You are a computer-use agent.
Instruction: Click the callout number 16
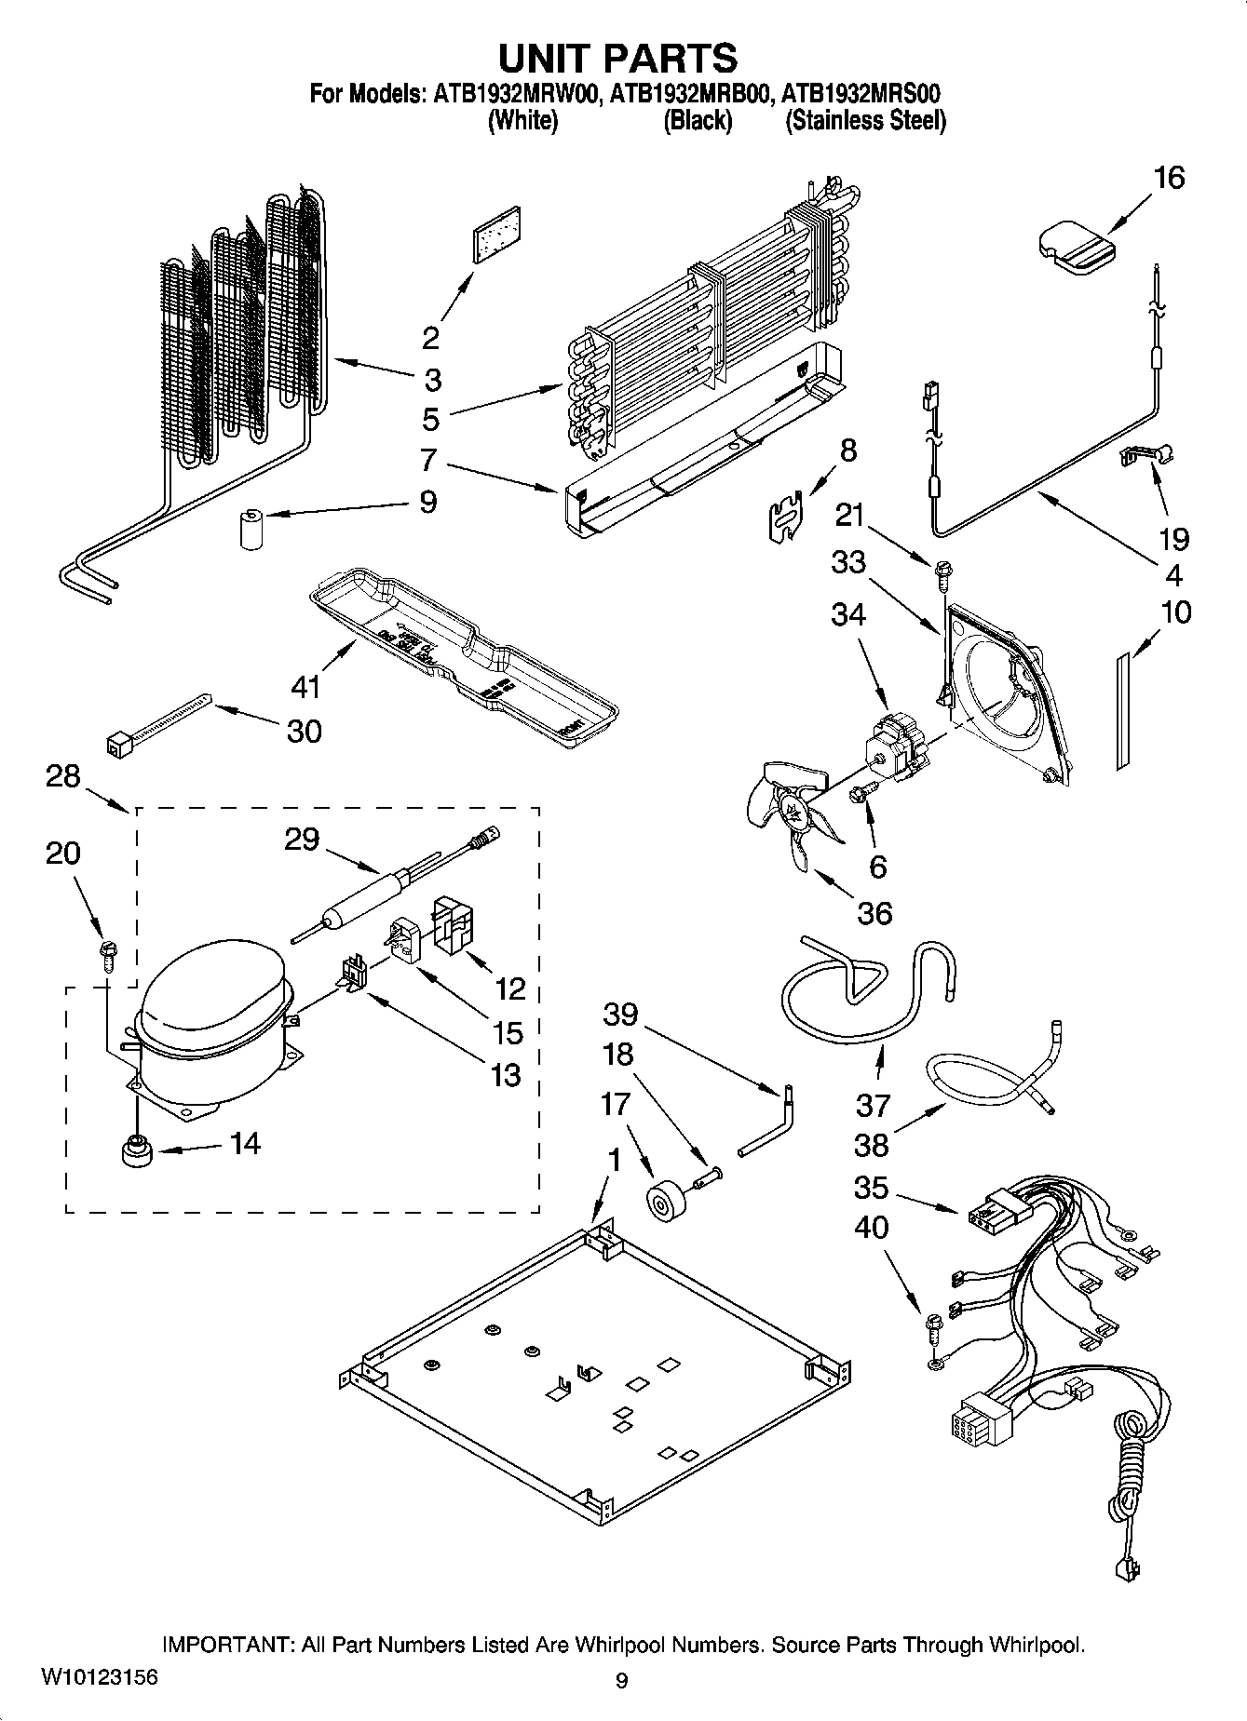click(x=1169, y=177)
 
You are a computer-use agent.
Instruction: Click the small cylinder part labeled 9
click(x=251, y=530)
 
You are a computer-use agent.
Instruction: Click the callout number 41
click(x=305, y=688)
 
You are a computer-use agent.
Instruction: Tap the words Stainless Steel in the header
click(x=866, y=121)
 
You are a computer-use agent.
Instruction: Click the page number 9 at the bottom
click(x=621, y=1680)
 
